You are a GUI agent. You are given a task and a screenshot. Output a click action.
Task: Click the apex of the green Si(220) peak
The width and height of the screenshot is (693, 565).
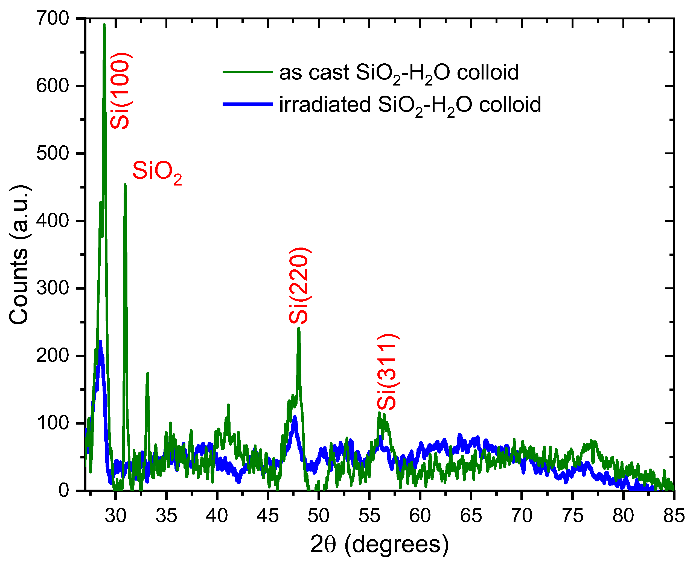click(x=299, y=328)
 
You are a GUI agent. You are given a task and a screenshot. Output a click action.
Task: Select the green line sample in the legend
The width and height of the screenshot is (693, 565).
click(x=247, y=72)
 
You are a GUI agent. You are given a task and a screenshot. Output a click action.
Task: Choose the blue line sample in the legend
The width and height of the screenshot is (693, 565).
click(x=247, y=104)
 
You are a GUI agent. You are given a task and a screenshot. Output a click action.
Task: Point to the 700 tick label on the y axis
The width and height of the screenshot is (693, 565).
click(x=53, y=19)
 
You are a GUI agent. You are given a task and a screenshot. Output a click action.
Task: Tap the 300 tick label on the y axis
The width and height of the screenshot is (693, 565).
click(x=53, y=288)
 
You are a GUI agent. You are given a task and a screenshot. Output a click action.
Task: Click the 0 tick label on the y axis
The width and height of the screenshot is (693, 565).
click(x=64, y=490)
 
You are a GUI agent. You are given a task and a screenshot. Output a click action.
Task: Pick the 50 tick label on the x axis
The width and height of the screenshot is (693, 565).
click(x=318, y=516)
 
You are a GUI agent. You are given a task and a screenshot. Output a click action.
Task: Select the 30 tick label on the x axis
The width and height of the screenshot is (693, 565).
click(x=115, y=516)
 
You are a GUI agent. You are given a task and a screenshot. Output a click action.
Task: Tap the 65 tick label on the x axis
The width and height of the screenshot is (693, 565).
click(x=471, y=516)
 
